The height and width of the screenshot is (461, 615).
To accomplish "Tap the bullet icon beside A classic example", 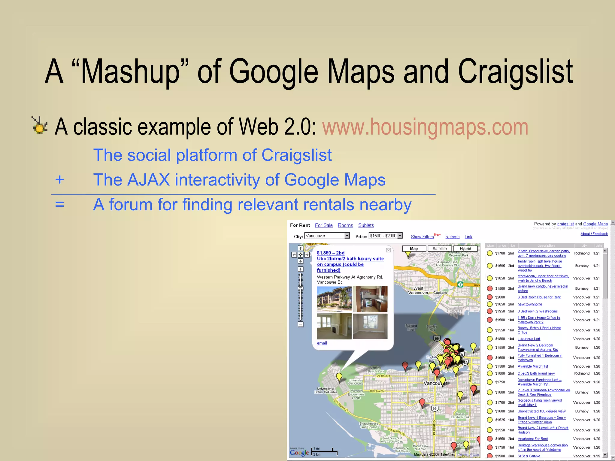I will (x=40, y=125).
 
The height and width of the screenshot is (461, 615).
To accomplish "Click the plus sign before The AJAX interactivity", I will (x=59, y=179).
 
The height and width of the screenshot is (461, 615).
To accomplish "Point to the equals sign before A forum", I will (x=59, y=204).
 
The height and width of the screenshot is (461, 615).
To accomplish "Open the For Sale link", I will (x=324, y=225).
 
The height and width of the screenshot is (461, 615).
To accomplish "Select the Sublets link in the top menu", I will (x=366, y=225).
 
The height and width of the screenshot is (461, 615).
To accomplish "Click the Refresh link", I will (x=452, y=237).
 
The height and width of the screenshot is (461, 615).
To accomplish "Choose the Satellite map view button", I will (x=440, y=249).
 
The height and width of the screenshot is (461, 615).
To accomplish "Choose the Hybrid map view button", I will (x=465, y=249).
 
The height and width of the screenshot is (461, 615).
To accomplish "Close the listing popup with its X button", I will (x=388, y=250).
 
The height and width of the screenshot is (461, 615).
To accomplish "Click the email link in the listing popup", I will (x=322, y=343).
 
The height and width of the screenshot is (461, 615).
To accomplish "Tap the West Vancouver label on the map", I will (x=418, y=291).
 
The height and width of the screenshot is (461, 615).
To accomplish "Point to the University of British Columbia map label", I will (x=326, y=390).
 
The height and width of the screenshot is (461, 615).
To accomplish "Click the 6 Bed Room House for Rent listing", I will (x=539, y=297).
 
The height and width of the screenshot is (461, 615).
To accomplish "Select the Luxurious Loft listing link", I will (x=529, y=339).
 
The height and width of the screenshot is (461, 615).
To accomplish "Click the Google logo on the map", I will (x=299, y=453).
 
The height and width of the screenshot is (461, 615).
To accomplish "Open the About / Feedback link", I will (x=594, y=234).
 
